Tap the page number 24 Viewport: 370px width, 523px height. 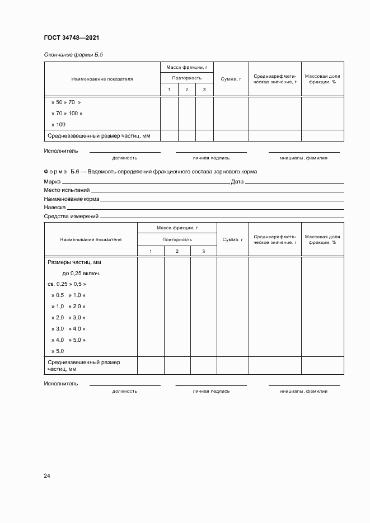[x=47, y=475]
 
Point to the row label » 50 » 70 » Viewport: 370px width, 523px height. [x=65, y=102]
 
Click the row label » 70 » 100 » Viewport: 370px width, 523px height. [x=67, y=114]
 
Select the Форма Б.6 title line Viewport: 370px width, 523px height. [x=151, y=172]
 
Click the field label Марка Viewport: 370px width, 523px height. [x=52, y=182]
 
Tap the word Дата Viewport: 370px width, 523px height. [x=237, y=182]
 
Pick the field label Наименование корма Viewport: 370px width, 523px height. [x=72, y=199]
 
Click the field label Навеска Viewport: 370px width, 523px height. [x=55, y=208]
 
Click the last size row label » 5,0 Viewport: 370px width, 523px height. [x=58, y=351]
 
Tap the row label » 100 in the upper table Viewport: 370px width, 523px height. [x=58, y=124]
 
